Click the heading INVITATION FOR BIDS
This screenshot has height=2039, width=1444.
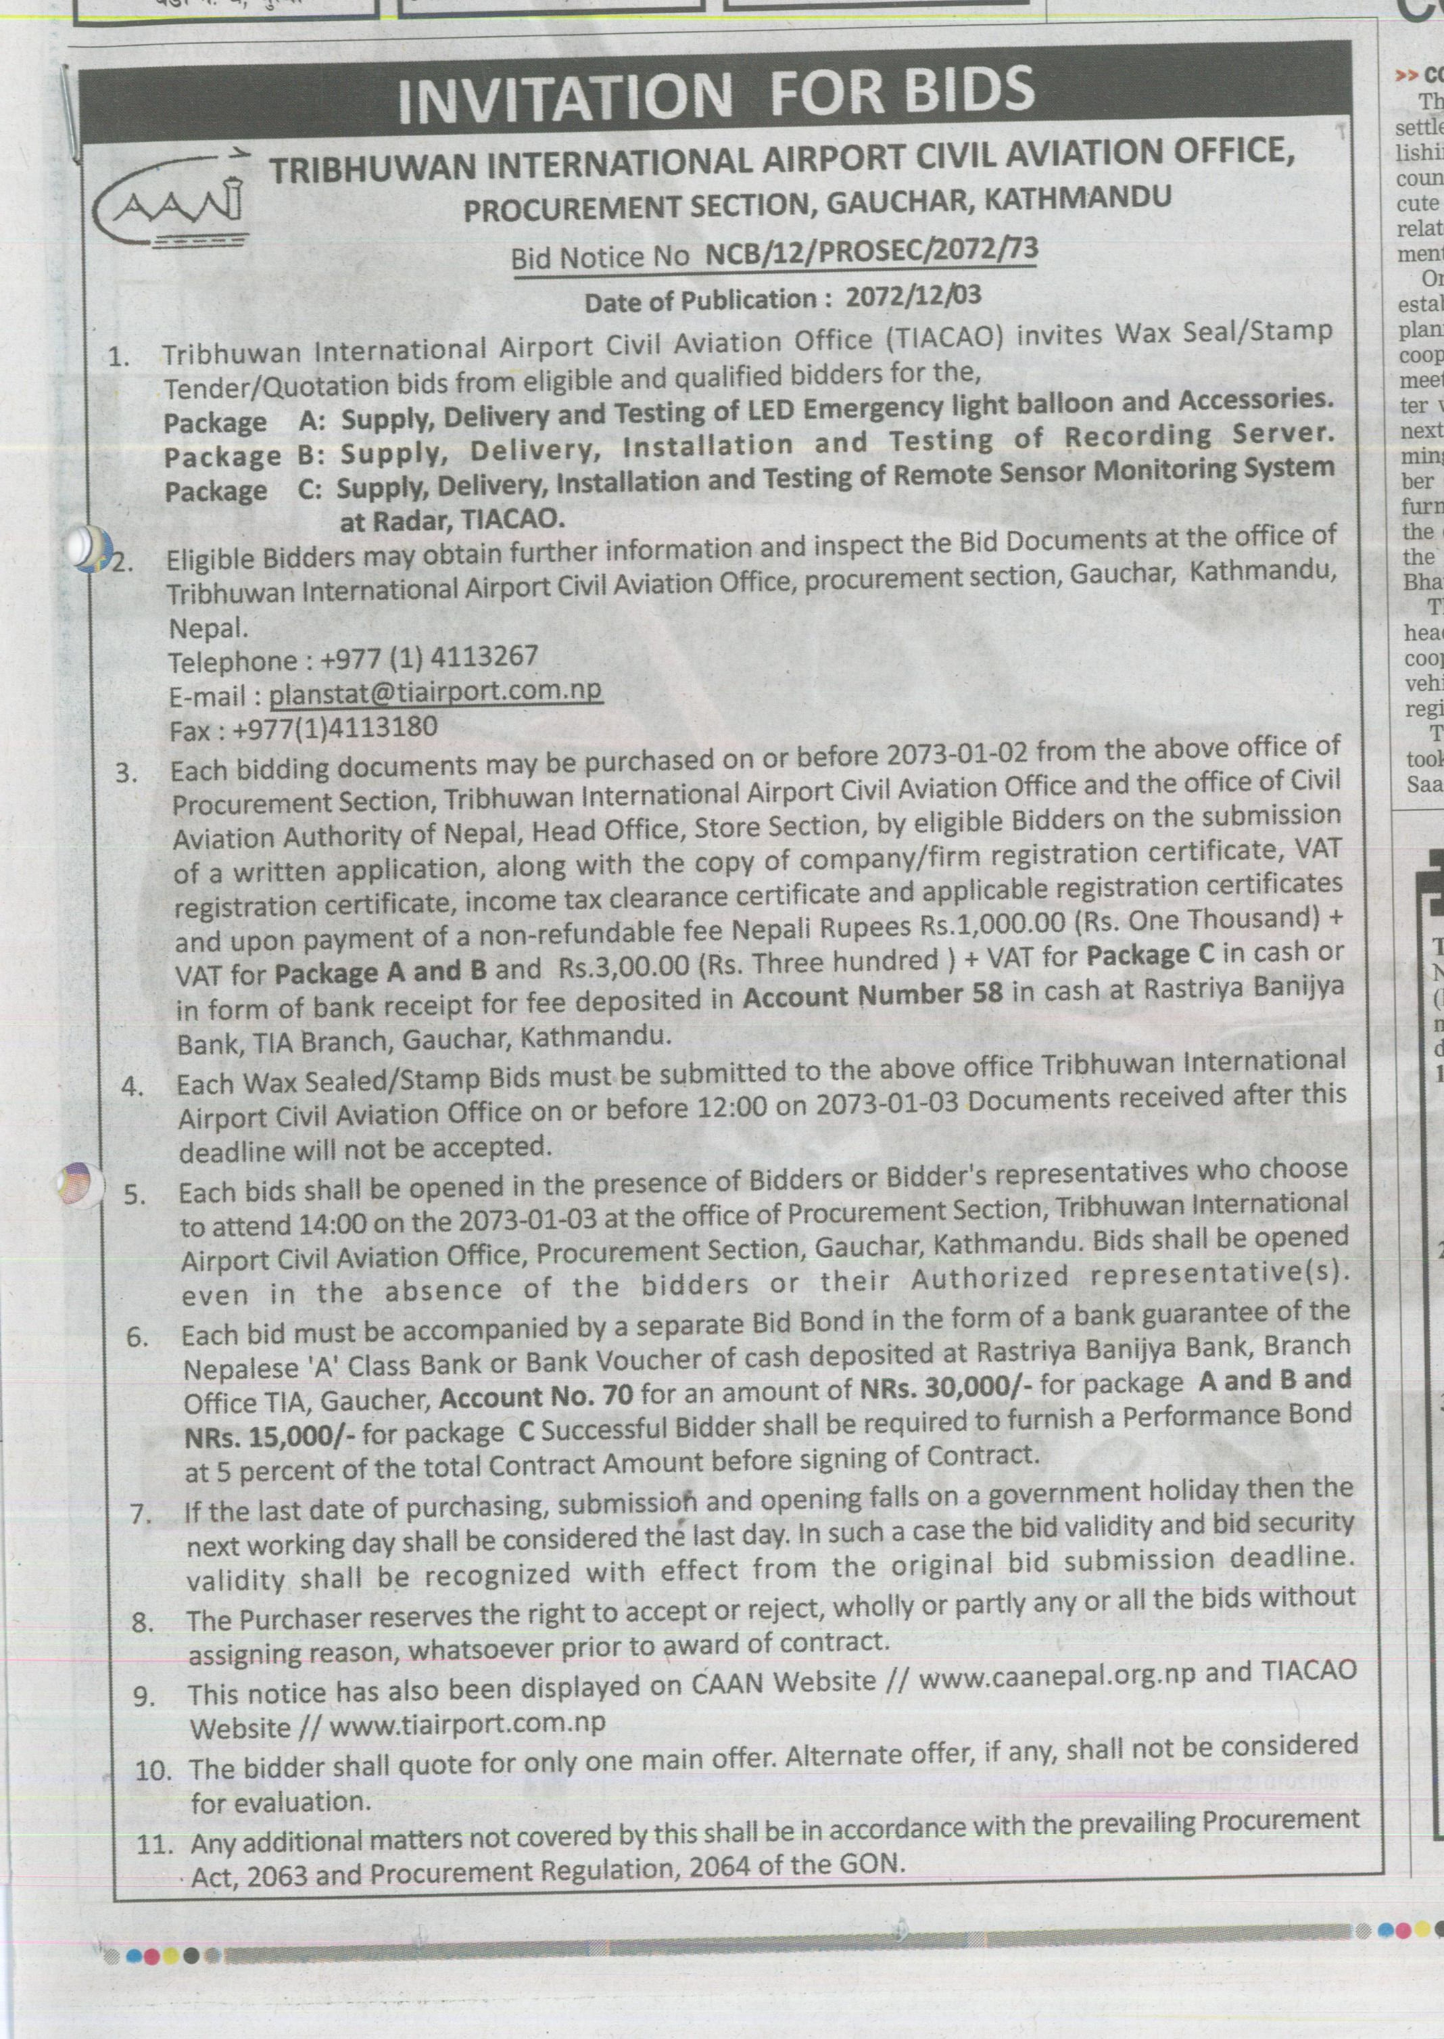(x=716, y=93)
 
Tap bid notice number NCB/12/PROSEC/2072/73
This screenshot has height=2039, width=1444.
(x=871, y=251)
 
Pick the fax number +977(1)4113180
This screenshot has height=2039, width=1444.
(x=335, y=728)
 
